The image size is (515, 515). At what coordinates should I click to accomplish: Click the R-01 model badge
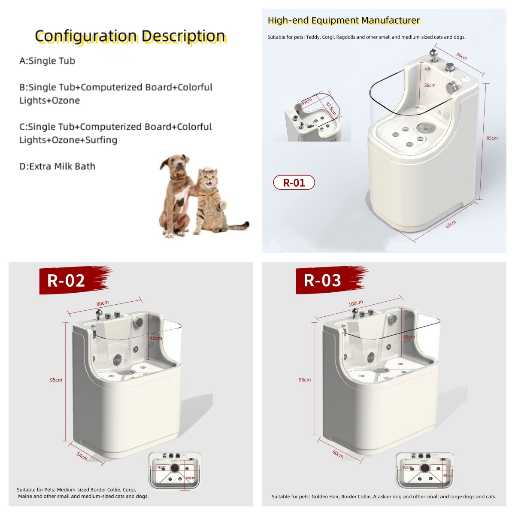pyautogui.click(x=294, y=182)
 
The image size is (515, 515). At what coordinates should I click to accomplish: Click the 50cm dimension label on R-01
pyautogui.click(x=461, y=56)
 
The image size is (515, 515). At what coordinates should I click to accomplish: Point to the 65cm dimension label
pyautogui.click(x=451, y=224)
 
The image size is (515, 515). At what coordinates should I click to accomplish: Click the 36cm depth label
pyautogui.click(x=430, y=85)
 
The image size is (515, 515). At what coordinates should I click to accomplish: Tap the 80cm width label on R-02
pyautogui.click(x=103, y=303)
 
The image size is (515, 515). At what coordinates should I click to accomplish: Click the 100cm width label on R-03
pyautogui.click(x=356, y=303)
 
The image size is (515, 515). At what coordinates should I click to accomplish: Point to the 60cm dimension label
pyautogui.click(x=338, y=454)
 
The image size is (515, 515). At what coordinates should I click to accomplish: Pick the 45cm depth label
pyautogui.click(x=409, y=337)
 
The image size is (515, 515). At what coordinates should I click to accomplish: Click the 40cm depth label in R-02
pyautogui.click(x=156, y=338)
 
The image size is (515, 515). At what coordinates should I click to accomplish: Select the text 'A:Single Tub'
pyautogui.click(x=47, y=61)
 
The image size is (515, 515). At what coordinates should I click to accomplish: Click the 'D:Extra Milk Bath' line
pyautogui.click(x=58, y=166)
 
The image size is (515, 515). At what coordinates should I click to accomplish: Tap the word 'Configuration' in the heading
pyautogui.click(x=86, y=36)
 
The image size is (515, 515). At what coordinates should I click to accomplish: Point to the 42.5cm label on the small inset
pyautogui.click(x=331, y=108)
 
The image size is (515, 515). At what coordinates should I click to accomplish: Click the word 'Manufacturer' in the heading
pyautogui.click(x=391, y=20)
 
